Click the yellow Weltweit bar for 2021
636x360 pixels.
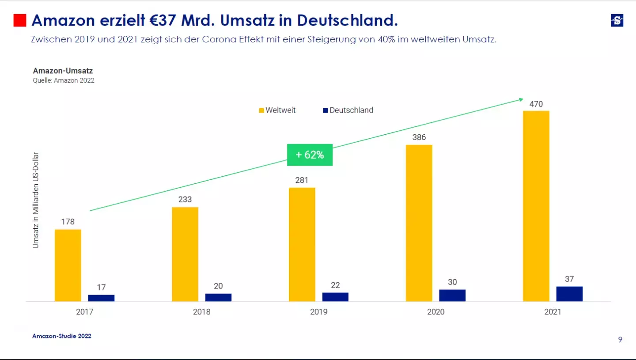tap(536, 206)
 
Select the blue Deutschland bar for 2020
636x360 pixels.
tap(452, 296)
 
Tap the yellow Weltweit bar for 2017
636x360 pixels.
tap(68, 265)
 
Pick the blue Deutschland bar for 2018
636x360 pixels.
tap(218, 297)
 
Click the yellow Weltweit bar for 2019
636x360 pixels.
tap(302, 244)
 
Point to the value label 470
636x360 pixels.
tap(536, 104)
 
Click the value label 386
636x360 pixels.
tap(419, 137)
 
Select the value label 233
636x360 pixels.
tap(185, 200)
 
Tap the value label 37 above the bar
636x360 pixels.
tap(569, 279)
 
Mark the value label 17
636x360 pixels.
tap(101, 288)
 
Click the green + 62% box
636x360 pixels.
tap(310, 155)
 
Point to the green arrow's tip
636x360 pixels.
tap(522, 99)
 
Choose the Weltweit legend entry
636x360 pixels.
tap(277, 110)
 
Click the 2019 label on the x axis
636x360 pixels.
tap(318, 312)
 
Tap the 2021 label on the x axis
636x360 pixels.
tap(553, 312)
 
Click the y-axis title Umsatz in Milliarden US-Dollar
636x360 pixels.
tap(36, 200)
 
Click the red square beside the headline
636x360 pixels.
tap(20, 20)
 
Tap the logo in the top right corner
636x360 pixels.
tap(617, 20)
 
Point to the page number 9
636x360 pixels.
tap(620, 340)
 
